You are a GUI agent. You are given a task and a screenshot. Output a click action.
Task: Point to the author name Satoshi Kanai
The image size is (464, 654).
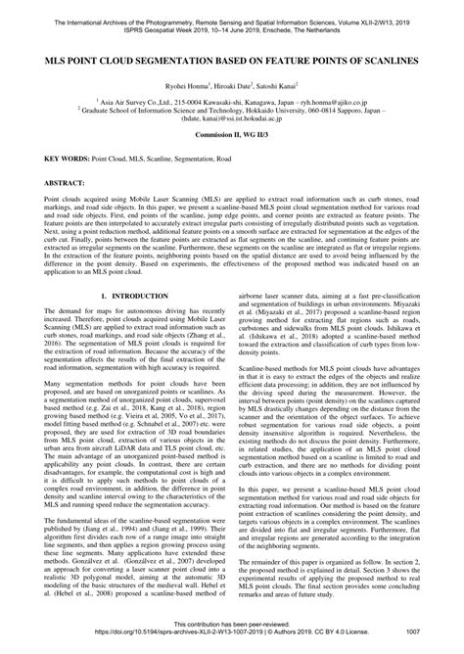click(281, 86)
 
